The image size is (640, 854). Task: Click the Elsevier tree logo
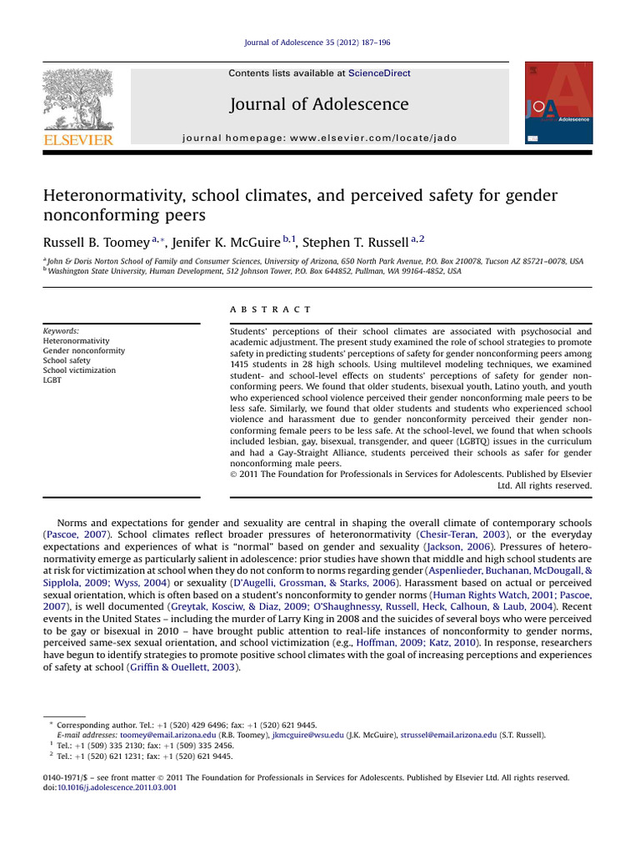click(x=77, y=99)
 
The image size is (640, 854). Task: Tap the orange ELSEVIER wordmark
click(x=77, y=140)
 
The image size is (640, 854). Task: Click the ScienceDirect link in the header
click(x=379, y=73)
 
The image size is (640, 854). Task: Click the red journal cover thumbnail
click(x=558, y=104)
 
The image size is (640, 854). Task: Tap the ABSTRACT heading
click(x=270, y=309)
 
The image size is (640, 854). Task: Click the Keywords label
click(x=61, y=331)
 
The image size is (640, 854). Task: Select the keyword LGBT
click(x=53, y=380)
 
